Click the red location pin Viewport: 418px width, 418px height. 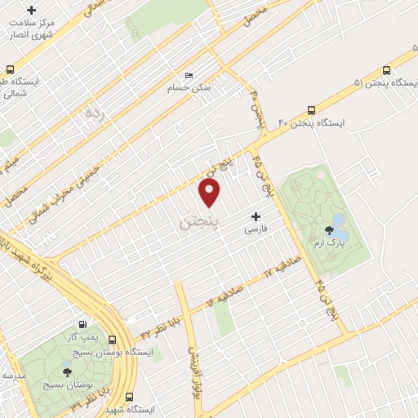[x=210, y=192]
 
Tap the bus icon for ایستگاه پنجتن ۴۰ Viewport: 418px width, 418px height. [x=311, y=110]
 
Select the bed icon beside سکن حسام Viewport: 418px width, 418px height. [x=189, y=76]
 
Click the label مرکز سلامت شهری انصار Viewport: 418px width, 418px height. [x=31, y=28]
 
